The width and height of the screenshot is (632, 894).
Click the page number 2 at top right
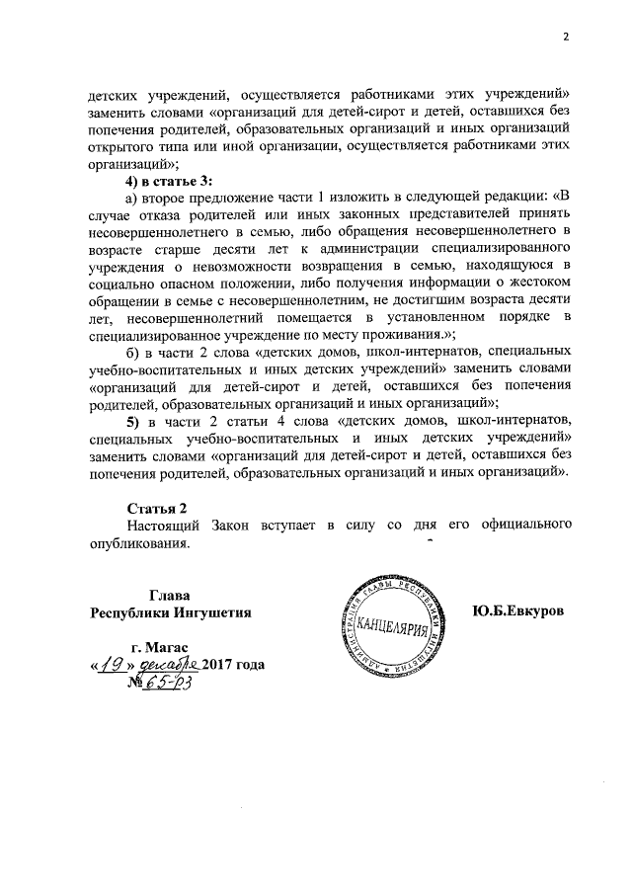coord(567,39)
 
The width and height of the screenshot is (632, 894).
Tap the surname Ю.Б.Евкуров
coord(518,611)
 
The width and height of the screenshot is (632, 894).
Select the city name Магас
coord(179,646)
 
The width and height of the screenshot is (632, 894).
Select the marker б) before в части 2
coord(130,353)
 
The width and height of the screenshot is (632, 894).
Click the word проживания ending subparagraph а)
coord(391,335)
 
